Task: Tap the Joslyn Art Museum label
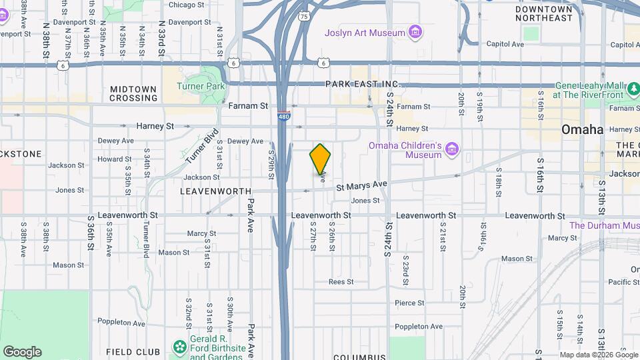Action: tap(365, 33)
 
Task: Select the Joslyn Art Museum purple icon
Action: tap(415, 32)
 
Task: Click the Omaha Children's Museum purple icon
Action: tap(453, 150)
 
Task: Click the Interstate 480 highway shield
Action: tap(283, 116)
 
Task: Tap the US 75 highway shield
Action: tap(304, 16)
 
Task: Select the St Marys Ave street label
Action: tap(361, 185)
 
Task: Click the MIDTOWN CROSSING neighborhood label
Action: tap(133, 93)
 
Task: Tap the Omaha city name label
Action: tap(582, 129)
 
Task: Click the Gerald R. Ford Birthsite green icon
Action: tap(179, 347)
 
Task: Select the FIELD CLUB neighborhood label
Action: tap(133, 351)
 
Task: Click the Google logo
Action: tap(22, 351)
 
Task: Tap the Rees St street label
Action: tap(341, 282)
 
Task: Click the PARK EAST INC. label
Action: tap(362, 84)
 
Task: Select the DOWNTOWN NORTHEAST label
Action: tap(544, 13)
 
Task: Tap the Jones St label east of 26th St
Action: tap(365, 200)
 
